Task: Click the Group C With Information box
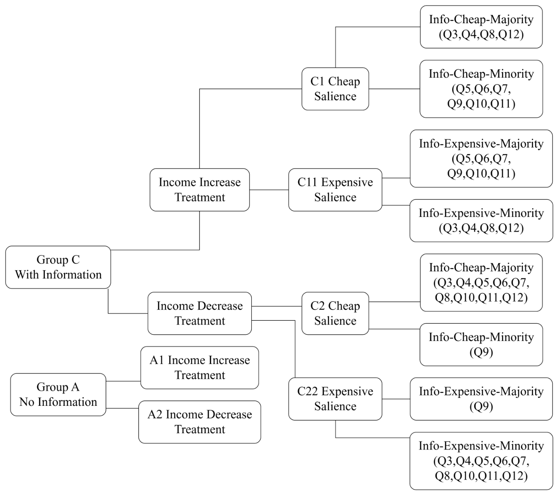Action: pyautogui.click(x=58, y=267)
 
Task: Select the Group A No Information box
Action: pyautogui.click(x=58, y=395)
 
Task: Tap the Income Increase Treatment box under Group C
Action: pyautogui.click(x=200, y=190)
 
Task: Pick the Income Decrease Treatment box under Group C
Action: pyautogui.click(x=200, y=313)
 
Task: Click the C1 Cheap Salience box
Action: pyautogui.click(x=335, y=89)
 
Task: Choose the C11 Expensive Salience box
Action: pyautogui.click(x=335, y=190)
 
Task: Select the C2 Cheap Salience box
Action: pyautogui.click(x=335, y=313)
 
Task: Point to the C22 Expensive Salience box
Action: pyautogui.click(x=335, y=399)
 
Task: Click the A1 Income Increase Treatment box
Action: pyautogui.click(x=200, y=368)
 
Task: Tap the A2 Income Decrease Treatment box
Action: pyautogui.click(x=200, y=422)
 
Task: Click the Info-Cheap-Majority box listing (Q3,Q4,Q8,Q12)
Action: pyautogui.click(x=481, y=27)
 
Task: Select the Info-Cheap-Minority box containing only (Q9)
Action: pyautogui.click(x=481, y=344)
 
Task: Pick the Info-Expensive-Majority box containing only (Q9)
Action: pyautogui.click(x=481, y=399)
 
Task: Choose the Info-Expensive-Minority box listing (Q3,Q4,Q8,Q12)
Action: pyautogui.click(x=481, y=220)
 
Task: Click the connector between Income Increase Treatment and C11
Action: pyautogui.click(x=269, y=190)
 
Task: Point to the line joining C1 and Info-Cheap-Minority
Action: pyautogui.click(x=395, y=89)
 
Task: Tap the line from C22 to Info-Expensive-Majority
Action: pyautogui.click(x=396, y=399)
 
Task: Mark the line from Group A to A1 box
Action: pyautogui.click(x=123, y=381)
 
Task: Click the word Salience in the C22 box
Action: pyautogui.click(x=335, y=406)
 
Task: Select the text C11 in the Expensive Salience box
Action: pyautogui.click(x=307, y=182)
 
